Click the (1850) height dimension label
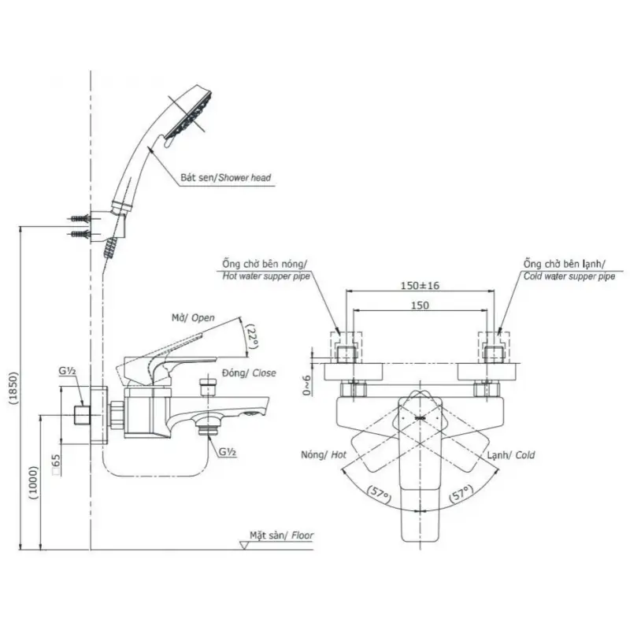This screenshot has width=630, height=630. [14, 387]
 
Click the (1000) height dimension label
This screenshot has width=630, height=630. [33, 483]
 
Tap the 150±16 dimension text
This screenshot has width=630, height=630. [420, 286]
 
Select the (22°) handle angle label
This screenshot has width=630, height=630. [252, 337]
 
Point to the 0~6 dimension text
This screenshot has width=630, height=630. [307, 386]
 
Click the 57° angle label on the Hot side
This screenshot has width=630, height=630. [379, 495]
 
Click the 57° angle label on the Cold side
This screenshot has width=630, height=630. [461, 493]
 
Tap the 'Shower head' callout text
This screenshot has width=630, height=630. [245, 178]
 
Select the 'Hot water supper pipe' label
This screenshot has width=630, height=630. [266, 276]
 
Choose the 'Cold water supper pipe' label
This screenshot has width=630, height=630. [569, 276]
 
